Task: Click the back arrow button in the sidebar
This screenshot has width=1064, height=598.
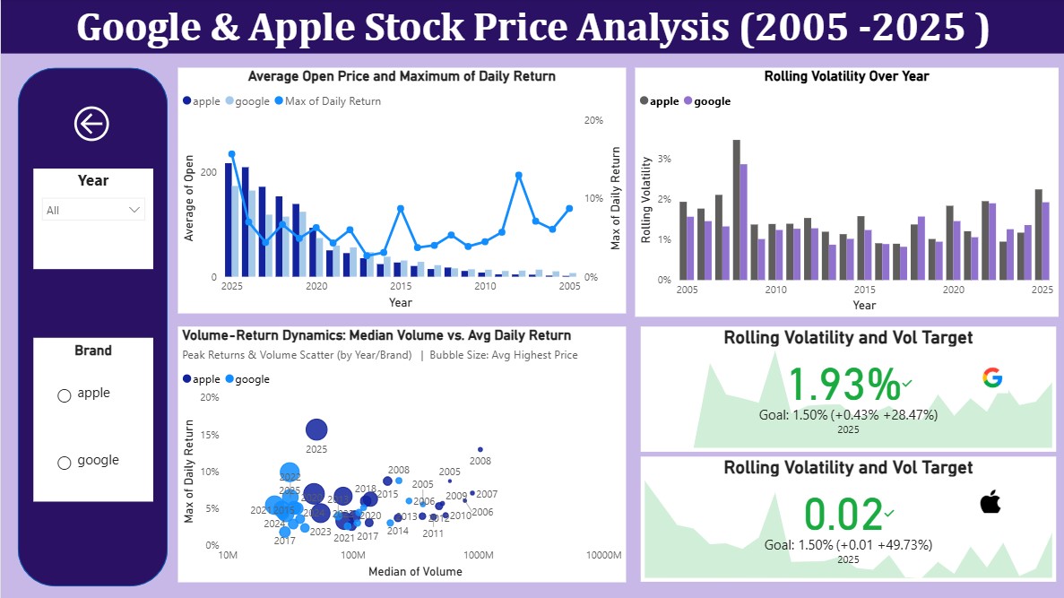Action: click(91, 124)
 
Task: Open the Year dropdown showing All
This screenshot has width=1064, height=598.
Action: click(93, 210)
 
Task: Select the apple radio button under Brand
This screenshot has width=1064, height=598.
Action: click(65, 395)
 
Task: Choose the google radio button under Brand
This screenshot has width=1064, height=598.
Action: click(65, 463)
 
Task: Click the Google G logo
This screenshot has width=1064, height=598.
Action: click(991, 377)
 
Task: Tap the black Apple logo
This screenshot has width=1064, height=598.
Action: click(990, 502)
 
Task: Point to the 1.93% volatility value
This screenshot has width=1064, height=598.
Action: click(843, 385)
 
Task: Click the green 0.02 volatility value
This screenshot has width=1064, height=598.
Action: click(843, 515)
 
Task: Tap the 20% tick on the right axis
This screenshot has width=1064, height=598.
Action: click(593, 120)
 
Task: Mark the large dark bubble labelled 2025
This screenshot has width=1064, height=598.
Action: click(316, 430)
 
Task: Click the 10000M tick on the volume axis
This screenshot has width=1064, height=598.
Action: click(604, 556)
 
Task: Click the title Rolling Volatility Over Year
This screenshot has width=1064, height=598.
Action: click(846, 76)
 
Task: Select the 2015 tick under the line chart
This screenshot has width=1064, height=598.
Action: click(400, 287)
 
